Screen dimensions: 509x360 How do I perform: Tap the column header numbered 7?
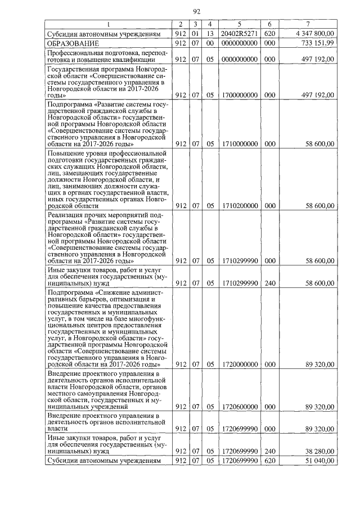pyautogui.click(x=308, y=24)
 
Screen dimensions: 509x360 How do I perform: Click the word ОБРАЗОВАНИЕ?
pyautogui.click(x=73, y=43)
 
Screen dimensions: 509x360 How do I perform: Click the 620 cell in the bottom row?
pyautogui.click(x=270, y=460)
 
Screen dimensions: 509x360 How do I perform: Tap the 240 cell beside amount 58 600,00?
pyautogui.click(x=270, y=283)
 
